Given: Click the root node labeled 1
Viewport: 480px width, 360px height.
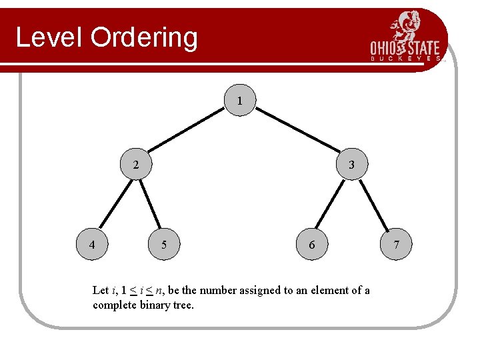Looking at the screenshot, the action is [x=239, y=102].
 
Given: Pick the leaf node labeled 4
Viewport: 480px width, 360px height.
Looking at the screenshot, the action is [x=92, y=245].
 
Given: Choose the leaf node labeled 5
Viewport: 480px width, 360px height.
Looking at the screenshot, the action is [x=164, y=245].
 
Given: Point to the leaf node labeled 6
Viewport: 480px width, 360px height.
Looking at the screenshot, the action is [x=311, y=245].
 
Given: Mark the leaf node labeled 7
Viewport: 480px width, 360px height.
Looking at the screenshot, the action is [x=396, y=245].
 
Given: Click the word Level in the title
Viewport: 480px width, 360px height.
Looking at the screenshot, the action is [x=50, y=37].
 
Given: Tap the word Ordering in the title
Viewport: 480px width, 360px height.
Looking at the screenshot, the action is [x=145, y=39].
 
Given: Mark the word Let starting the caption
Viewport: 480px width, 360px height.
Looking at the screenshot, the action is [x=100, y=290].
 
